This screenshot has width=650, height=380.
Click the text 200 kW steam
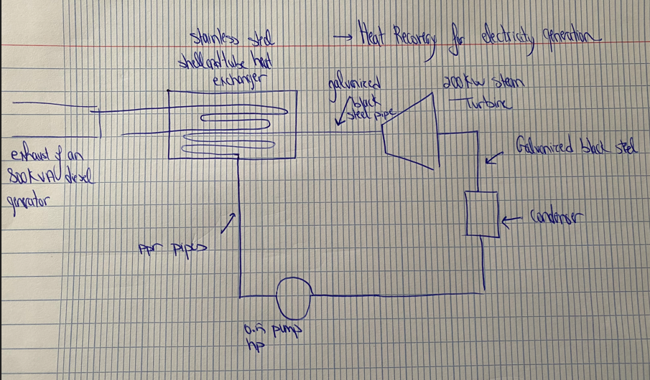coord(483,83)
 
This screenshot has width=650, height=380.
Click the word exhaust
coord(28,156)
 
